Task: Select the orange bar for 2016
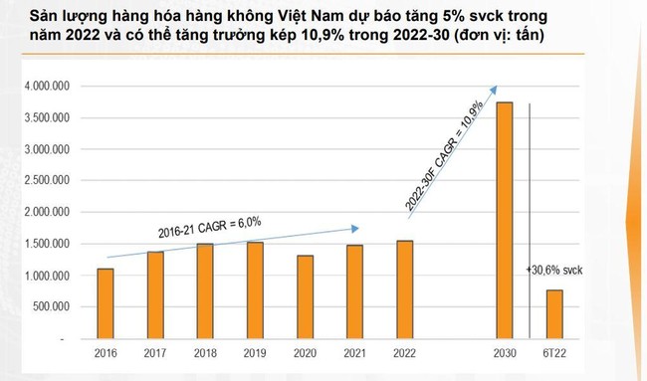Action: coord(107,303)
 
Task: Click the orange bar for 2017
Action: coord(155,295)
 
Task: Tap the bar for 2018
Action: coord(204,291)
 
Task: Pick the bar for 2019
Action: coord(254,290)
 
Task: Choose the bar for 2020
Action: coord(305,297)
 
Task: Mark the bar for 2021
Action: coord(355,292)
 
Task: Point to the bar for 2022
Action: coord(403,289)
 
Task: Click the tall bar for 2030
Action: coord(505,221)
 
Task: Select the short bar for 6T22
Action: coord(553,314)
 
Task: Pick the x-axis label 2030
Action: coord(505,354)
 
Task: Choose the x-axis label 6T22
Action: coord(554,354)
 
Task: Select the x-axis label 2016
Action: coord(107,354)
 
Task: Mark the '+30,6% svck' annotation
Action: coord(555,271)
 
